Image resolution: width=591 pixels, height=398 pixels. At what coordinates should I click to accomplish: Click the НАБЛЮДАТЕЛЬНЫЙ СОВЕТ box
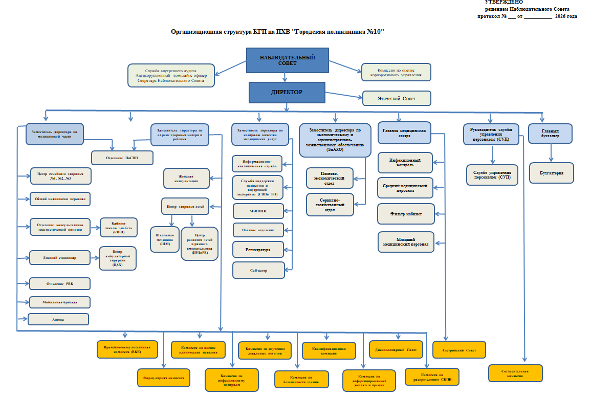(x=287, y=60)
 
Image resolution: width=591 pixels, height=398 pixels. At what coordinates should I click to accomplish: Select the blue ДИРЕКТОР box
(x=287, y=93)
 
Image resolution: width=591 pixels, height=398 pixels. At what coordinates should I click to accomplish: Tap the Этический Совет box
(x=397, y=98)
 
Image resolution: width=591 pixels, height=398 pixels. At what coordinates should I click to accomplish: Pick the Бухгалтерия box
(x=552, y=173)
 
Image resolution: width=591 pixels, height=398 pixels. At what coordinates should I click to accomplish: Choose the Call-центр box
(x=258, y=270)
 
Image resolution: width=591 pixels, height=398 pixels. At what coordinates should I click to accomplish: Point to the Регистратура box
(x=258, y=249)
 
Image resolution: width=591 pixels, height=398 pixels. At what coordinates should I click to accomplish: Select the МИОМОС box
(x=258, y=211)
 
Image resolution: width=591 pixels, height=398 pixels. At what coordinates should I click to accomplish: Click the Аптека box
(x=58, y=319)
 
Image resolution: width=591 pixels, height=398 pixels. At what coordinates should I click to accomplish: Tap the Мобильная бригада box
(x=60, y=302)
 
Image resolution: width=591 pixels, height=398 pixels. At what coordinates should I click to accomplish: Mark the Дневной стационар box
(x=60, y=258)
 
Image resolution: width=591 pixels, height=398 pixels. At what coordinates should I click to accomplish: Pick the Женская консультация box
(x=187, y=179)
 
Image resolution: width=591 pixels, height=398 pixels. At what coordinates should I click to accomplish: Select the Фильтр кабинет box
(x=406, y=214)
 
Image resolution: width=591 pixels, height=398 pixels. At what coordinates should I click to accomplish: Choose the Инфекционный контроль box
(x=406, y=163)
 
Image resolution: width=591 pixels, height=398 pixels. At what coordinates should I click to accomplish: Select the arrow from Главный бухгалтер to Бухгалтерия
(x=551, y=152)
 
